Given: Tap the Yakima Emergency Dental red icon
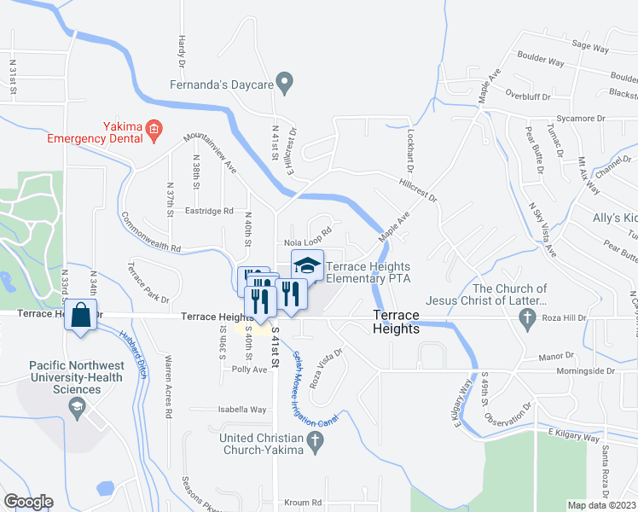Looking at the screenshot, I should point(154,130).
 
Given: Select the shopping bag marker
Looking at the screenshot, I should point(80,314).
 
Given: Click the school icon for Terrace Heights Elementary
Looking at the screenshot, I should point(307,265).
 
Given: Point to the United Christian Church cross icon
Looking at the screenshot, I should point(315,441).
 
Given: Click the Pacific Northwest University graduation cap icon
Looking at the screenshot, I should point(77,404).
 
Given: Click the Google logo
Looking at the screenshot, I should point(28,502).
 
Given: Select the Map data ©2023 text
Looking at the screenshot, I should point(601,505).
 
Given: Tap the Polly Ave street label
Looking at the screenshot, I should point(249,369).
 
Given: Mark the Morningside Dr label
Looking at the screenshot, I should point(586,371).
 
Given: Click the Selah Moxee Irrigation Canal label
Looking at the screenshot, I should point(316,389).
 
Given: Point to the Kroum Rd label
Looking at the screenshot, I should point(304,503).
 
